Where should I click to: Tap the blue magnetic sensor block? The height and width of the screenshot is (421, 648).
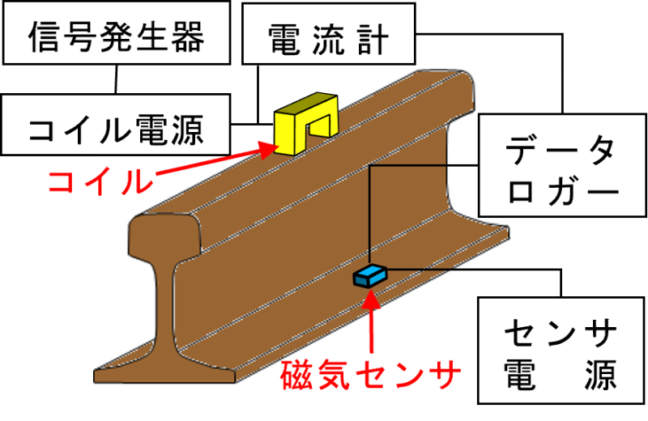[370, 275]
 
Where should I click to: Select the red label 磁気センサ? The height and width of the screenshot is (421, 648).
[371, 375]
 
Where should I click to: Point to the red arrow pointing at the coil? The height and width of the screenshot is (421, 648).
[211, 162]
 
